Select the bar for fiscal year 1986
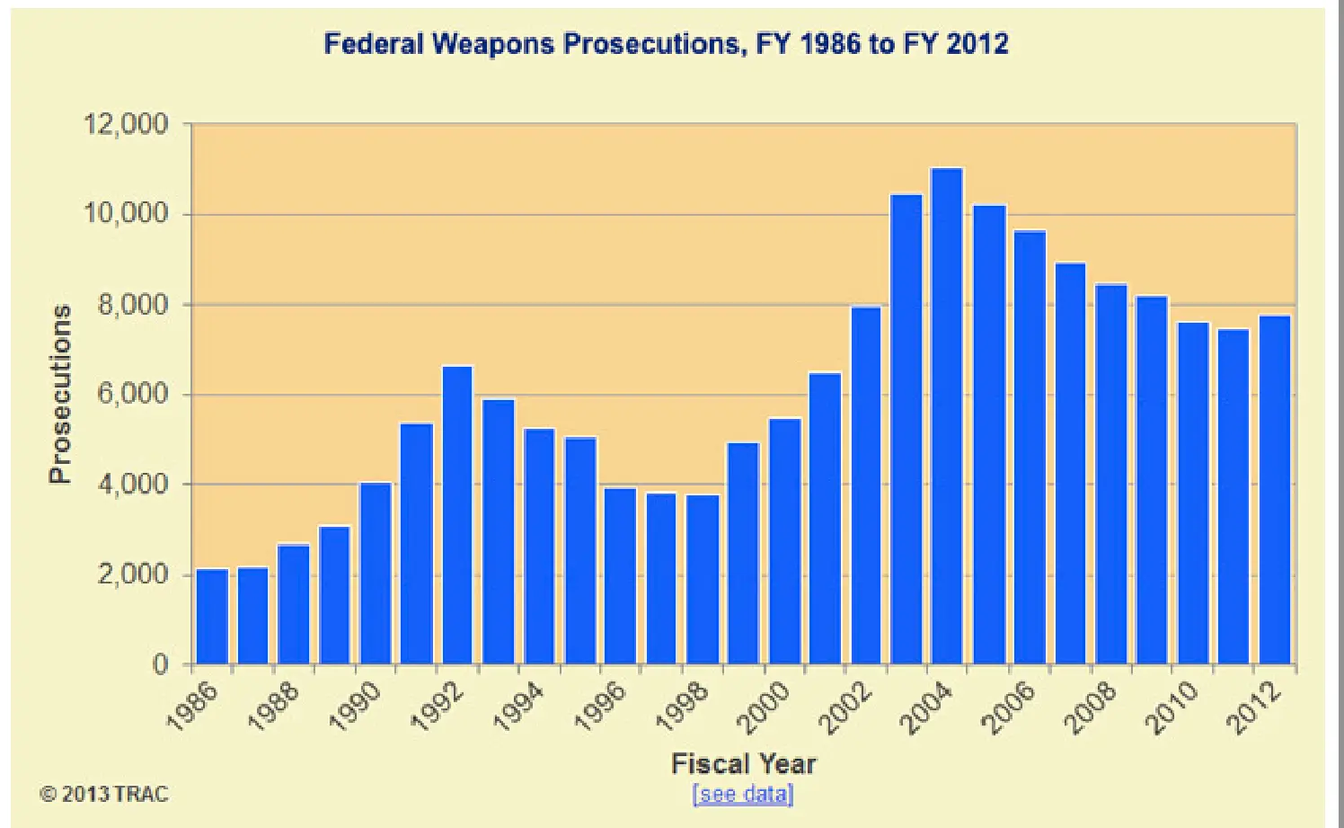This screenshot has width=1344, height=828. point(212,617)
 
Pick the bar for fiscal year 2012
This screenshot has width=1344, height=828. point(1275,490)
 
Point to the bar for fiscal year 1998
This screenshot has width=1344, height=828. point(703,580)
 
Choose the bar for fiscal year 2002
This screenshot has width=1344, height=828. point(866,485)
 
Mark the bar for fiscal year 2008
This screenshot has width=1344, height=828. point(1111,475)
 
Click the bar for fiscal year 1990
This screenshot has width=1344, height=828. point(376,574)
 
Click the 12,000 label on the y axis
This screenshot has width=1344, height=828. point(127,124)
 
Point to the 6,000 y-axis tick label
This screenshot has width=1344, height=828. point(133,394)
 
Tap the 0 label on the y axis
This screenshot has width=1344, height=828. point(160,664)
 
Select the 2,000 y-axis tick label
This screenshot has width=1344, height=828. point(133,574)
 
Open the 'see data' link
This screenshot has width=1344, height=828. point(743,794)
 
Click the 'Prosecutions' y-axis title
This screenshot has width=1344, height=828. point(59,394)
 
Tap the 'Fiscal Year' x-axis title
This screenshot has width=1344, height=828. point(743,764)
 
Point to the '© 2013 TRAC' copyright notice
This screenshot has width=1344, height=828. point(103,794)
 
